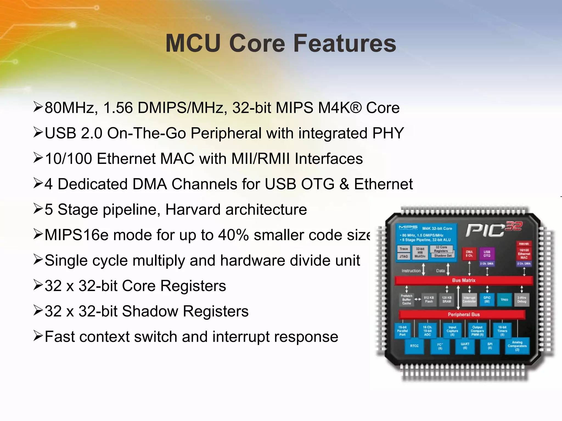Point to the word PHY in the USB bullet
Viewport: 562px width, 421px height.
(388, 133)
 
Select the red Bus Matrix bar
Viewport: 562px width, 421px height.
(463, 280)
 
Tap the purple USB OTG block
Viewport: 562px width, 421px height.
(487, 254)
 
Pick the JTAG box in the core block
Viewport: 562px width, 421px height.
(404, 256)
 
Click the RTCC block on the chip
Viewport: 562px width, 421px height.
(414, 346)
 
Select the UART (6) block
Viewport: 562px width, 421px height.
(465, 346)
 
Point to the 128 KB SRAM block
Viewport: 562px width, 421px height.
(446, 299)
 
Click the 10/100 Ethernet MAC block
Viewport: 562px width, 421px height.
(524, 254)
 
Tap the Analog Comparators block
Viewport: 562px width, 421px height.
(517, 346)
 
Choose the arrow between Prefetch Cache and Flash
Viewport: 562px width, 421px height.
(418, 299)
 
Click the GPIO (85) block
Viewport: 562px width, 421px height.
(487, 299)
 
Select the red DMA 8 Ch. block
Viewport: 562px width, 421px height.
(469, 254)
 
